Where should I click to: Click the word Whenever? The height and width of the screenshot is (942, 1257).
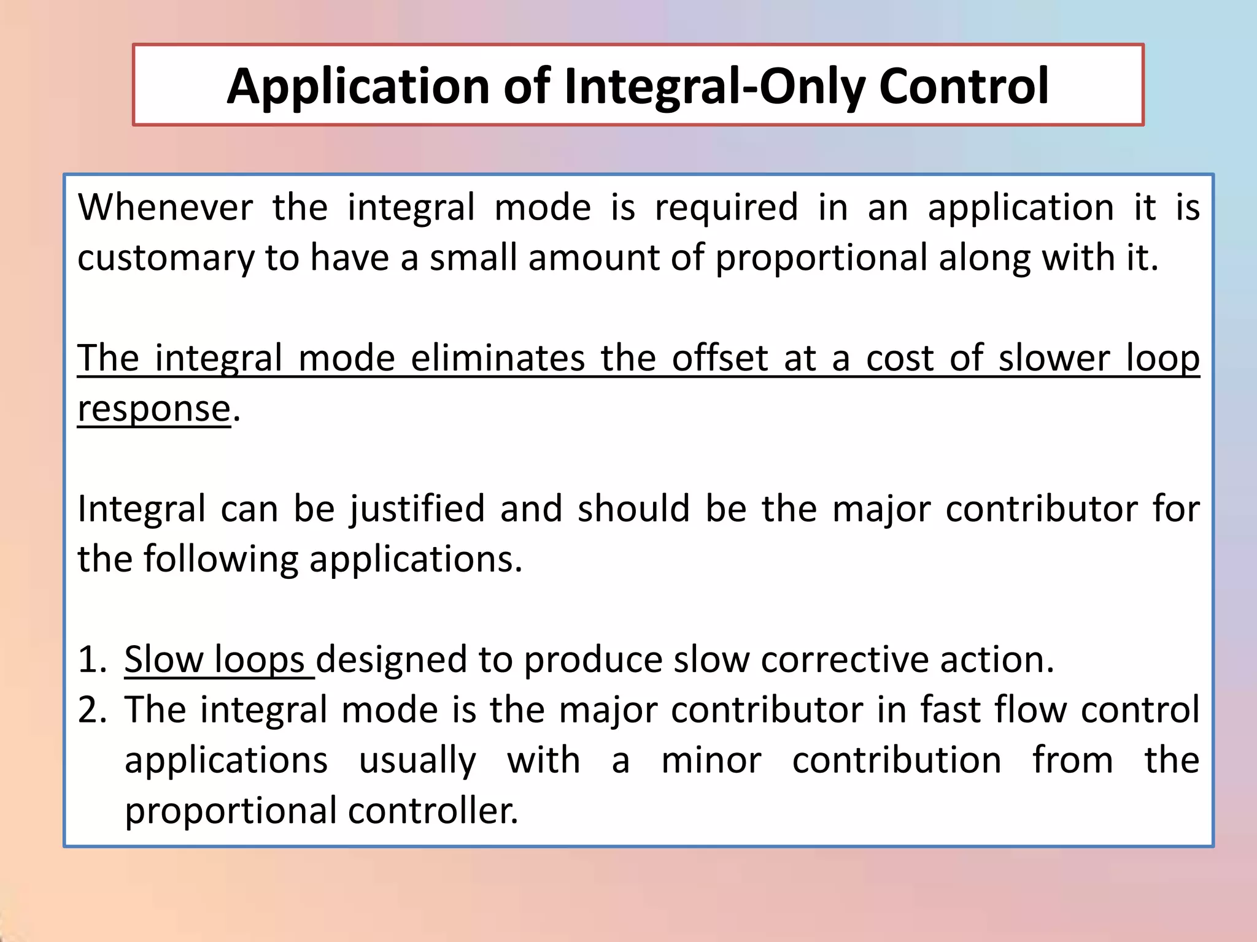coord(165,207)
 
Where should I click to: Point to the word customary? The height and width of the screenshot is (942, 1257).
coord(165,258)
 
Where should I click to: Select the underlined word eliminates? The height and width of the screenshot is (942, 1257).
coord(497,358)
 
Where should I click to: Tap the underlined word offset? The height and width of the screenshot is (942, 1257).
coord(719,358)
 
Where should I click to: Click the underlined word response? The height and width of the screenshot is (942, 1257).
coord(154,409)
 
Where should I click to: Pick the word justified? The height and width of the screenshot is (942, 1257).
coord(417,509)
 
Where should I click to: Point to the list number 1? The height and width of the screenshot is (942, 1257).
coord(92,660)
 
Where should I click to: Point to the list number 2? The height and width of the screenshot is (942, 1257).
coord(92,710)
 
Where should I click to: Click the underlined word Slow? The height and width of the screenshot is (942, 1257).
coord(163,660)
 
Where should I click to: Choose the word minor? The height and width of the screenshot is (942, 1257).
coord(711,760)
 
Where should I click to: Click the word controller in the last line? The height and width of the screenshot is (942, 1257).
coord(433,811)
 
